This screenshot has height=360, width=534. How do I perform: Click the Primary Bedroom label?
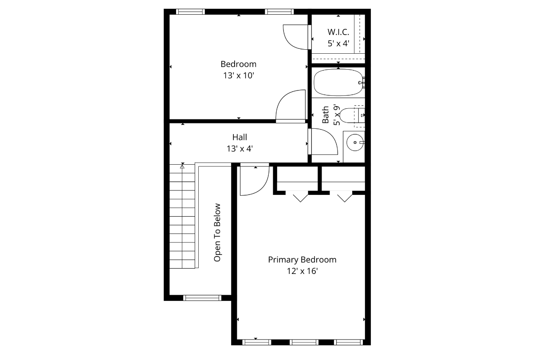pos(302,260)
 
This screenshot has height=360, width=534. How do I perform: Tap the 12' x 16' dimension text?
pos(302,271)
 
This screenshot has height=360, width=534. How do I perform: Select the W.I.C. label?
pos(338,32)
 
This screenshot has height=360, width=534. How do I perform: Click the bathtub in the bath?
pos(338,82)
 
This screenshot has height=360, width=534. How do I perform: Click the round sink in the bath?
pos(354,142)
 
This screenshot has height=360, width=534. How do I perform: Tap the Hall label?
pos(240,137)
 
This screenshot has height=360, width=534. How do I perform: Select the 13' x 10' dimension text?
pos(239,75)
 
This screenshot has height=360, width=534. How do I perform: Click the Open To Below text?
pos(217,232)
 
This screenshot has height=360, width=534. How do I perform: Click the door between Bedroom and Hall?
pos(290,107)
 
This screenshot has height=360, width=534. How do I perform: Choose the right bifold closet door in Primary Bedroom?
pos(344,196)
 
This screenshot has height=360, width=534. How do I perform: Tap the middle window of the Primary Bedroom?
pos(304,342)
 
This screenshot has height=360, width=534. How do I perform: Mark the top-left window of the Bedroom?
pos(190,12)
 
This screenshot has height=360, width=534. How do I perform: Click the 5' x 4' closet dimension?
pos(338,44)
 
